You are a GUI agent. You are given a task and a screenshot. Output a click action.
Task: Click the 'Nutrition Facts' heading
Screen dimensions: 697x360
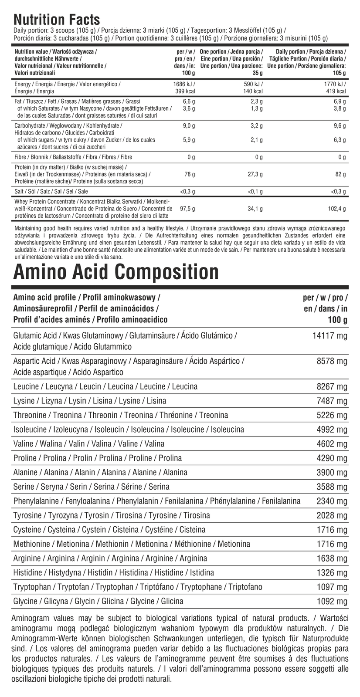[x=57, y=20]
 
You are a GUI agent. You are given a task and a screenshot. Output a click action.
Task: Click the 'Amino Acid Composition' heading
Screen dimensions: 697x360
[x=116, y=272]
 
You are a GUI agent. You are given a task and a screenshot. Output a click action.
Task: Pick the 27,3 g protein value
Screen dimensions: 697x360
[x=254, y=174]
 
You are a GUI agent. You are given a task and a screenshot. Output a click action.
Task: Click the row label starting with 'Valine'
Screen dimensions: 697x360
[x=89, y=444]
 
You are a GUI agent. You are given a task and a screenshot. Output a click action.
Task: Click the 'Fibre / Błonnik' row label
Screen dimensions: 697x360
[x=73, y=157]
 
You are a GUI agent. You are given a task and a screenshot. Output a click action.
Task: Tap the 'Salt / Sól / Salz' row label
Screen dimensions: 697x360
[x=51, y=191]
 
